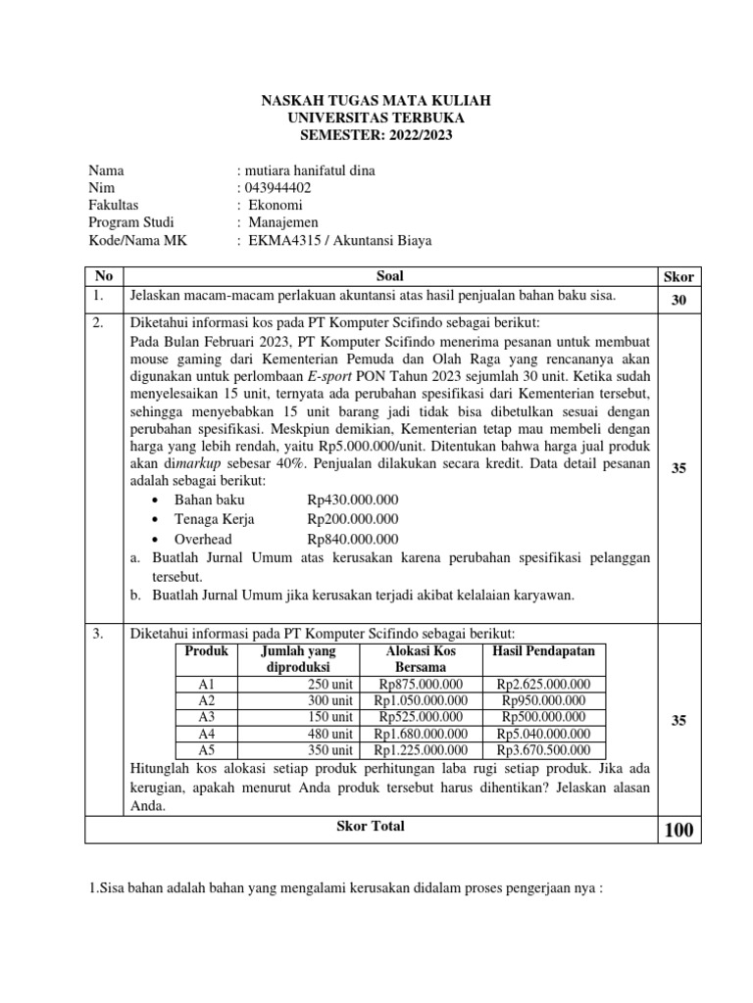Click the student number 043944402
279,187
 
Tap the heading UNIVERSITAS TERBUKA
376,118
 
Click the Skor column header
678,277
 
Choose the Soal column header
389,277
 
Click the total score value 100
678,831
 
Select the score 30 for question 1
678,302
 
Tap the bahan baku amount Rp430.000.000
353,501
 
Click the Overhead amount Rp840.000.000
353,539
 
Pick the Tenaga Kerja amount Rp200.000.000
353,519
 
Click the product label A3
206,716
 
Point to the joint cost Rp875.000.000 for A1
421,684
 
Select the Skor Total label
371,826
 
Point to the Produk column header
206,651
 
